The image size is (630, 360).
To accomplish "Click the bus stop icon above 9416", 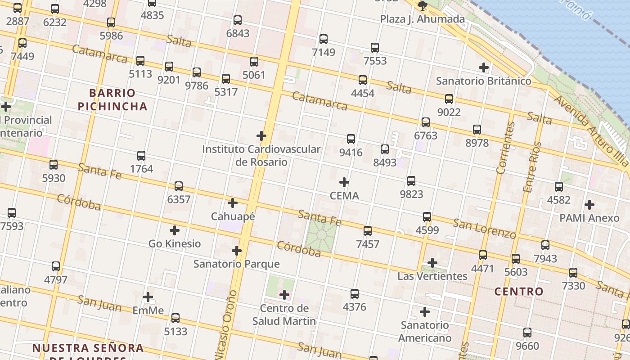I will pos(351,139).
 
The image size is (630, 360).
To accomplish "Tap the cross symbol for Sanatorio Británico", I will pos(484,68).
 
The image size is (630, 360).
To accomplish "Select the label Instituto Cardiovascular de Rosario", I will pos(261,155).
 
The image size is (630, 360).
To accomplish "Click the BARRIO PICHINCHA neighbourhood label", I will pos(112,99).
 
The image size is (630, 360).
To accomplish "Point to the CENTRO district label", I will pos(519,291).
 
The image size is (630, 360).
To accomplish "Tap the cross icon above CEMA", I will pos(344,182).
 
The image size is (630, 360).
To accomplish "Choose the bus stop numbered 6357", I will pos(179,186).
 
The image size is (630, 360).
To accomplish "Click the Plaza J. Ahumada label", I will pos(422,19).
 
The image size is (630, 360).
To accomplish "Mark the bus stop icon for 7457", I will pos(368,231).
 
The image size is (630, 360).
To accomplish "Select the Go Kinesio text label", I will pos(175,243).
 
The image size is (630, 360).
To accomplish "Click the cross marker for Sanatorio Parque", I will pos(237,251).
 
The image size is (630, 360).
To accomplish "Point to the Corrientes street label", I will pos(505,147).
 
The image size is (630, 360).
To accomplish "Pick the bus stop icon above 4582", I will pos(559,187).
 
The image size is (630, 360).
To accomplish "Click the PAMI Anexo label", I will pos(589,218).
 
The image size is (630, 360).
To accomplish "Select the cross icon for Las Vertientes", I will pos(432,263).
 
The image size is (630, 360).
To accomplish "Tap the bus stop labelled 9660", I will pos(527,333).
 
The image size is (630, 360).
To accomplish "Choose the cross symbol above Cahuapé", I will pos(233,203).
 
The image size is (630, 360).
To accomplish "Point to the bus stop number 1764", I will pos(141,169).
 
